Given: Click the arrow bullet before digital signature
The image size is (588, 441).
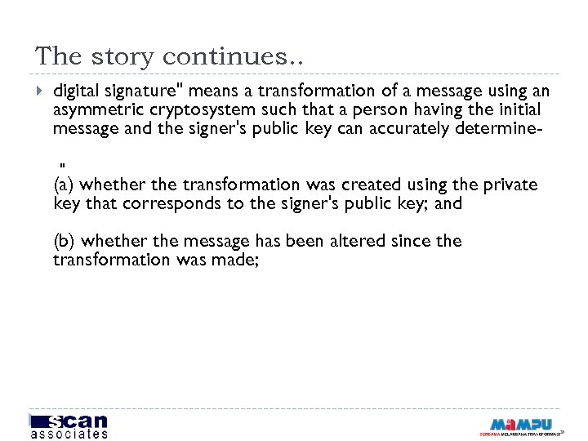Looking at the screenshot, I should pyautogui.click(x=40, y=91).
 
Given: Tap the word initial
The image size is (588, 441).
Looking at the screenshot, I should pyautogui.click(x=516, y=109).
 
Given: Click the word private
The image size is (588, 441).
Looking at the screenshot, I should pyautogui.click(x=509, y=185).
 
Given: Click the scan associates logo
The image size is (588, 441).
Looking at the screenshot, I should pyautogui.click(x=69, y=425).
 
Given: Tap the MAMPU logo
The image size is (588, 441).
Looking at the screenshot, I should pyautogui.click(x=520, y=425).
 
